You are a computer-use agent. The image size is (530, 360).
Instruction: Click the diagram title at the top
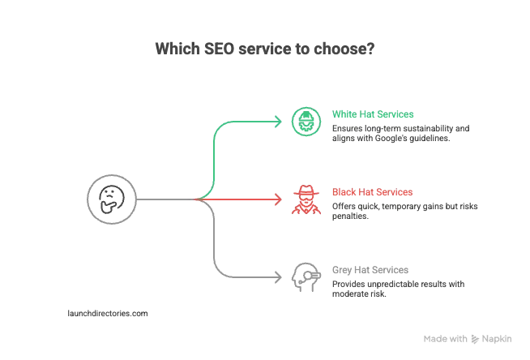[264, 49]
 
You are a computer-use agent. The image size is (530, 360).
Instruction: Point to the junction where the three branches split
[207, 197]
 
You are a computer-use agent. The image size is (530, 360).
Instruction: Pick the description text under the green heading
[401, 134]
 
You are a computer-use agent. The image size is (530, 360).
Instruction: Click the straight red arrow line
[243, 197]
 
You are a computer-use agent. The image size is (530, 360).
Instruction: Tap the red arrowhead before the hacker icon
[278, 197]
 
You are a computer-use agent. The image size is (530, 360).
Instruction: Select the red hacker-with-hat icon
[305, 199]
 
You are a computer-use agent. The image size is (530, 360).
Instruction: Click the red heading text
[374, 192]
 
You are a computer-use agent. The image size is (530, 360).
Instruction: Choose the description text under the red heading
[405, 211]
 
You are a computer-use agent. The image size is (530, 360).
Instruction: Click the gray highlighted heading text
[369, 272]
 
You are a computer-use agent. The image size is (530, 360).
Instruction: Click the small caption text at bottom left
[105, 311]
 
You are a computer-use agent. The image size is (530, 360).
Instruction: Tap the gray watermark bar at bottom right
[466, 334]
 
